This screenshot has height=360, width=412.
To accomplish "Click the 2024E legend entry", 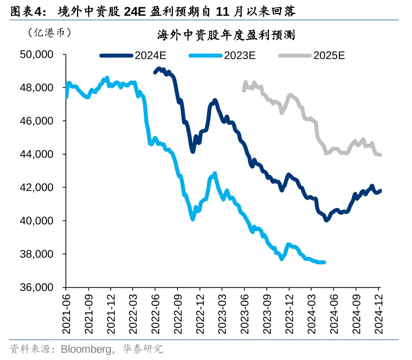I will tap(134, 55).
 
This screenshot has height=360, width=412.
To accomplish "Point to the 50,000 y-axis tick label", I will tap(37, 54).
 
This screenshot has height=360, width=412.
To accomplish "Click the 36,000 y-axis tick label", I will tap(37, 288).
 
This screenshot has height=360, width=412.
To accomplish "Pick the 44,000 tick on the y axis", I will tap(37, 154).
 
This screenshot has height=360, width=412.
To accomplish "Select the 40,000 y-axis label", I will tap(37, 221).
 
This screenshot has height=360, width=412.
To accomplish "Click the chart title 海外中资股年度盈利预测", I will tap(226, 36).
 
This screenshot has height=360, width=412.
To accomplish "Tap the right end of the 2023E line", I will tap(324, 262).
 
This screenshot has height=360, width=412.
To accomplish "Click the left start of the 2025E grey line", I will tap(244, 90).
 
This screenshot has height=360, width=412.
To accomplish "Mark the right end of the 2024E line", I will tap(380, 191).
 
